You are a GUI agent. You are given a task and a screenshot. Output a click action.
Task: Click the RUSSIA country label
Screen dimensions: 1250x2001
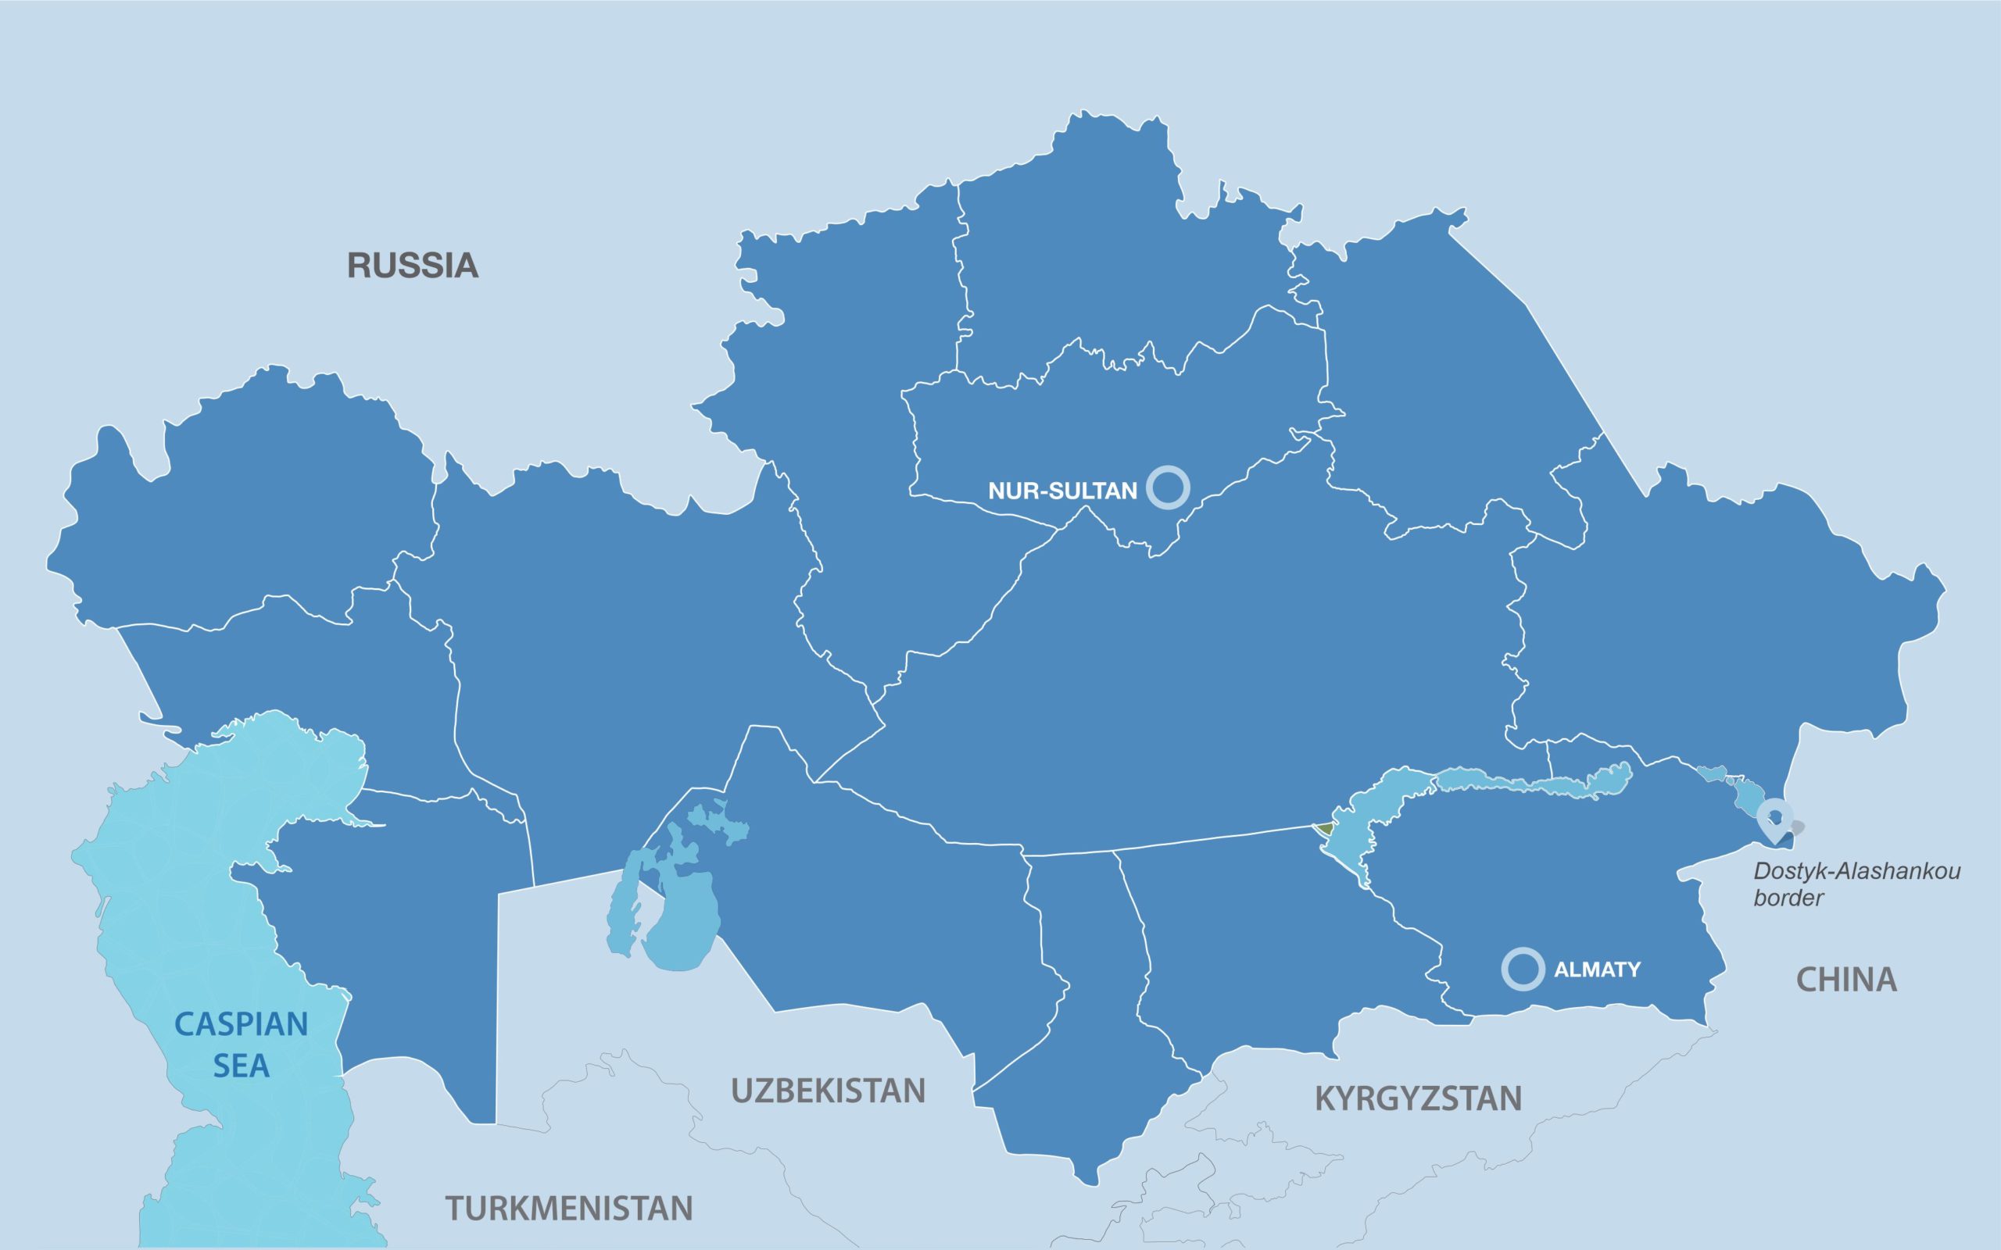412,266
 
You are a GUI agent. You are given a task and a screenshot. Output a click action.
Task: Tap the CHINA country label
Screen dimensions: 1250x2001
1845,980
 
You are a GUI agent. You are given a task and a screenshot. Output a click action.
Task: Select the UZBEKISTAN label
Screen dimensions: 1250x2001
828,1091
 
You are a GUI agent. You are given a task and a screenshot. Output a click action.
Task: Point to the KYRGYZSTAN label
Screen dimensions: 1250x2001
1418,1098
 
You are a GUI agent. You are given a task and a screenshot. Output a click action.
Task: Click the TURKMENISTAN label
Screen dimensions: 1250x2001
569,1209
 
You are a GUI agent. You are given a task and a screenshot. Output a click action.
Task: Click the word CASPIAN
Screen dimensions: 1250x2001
241,1024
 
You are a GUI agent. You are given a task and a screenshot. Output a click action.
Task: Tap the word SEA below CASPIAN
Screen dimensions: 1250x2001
241,1066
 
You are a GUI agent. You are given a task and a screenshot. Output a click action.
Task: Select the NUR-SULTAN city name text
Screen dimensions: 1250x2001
1062,491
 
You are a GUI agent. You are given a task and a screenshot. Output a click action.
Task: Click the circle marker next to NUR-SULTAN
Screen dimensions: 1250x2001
1169,487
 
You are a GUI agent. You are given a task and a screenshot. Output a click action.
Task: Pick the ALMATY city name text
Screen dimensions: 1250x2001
1597,970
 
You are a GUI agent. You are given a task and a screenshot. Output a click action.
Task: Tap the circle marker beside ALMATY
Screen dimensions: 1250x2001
1523,969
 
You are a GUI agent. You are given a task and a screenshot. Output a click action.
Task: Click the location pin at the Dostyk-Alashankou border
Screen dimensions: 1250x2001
1774,818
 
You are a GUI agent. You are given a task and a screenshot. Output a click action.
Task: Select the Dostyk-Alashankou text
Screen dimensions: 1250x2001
1857,871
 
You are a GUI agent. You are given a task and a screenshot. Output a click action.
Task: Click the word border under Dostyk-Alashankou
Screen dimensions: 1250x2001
1788,898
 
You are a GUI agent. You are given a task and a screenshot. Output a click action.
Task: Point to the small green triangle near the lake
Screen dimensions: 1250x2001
1325,827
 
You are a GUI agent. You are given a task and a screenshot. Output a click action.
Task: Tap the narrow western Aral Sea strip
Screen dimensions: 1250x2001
622,909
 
